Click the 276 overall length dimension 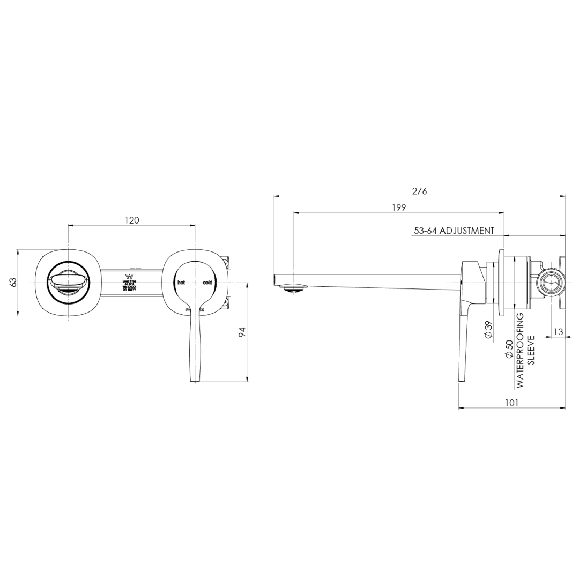coord(419,191)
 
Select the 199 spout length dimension coord(398,207)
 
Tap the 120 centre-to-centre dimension coord(132,220)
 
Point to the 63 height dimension coord(13,282)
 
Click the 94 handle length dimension coord(241,332)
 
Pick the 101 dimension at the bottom coord(511,403)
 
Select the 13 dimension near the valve coord(558,332)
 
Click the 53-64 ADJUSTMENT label coord(454,231)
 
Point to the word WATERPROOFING coord(519,350)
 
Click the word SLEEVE coord(531,350)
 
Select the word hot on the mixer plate coord(181,282)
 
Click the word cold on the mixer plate coord(207,282)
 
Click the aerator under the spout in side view coord(294,288)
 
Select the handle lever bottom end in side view coord(461,378)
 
